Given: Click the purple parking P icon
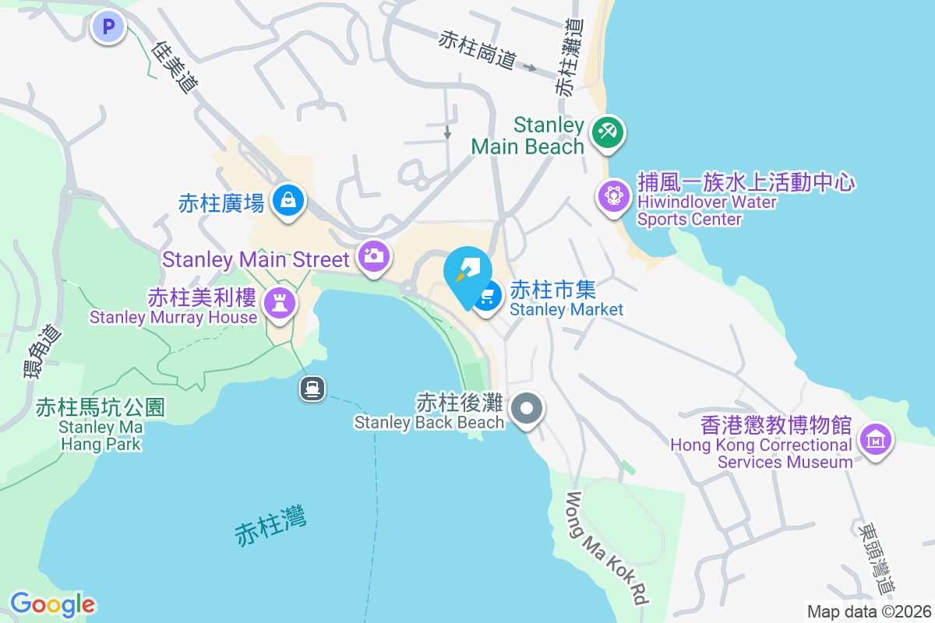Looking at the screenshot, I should (x=108, y=28).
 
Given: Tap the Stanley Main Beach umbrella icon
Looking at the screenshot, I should (x=606, y=132).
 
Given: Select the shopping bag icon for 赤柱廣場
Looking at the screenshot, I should (x=288, y=201).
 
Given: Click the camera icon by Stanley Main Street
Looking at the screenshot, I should (x=373, y=255).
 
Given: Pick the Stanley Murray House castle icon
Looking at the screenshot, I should (x=280, y=301).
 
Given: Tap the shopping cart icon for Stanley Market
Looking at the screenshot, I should (x=488, y=296).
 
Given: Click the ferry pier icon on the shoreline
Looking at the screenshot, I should (x=312, y=388).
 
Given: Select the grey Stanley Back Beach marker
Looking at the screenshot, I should (x=527, y=408).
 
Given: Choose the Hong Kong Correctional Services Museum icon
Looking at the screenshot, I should (x=876, y=441).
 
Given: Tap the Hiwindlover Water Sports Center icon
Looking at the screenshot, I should (x=613, y=195).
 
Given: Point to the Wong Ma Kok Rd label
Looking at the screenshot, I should (x=608, y=549).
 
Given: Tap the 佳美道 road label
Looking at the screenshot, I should (x=174, y=67).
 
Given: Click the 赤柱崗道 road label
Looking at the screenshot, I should (x=478, y=49).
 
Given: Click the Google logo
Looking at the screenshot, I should (x=52, y=604).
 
